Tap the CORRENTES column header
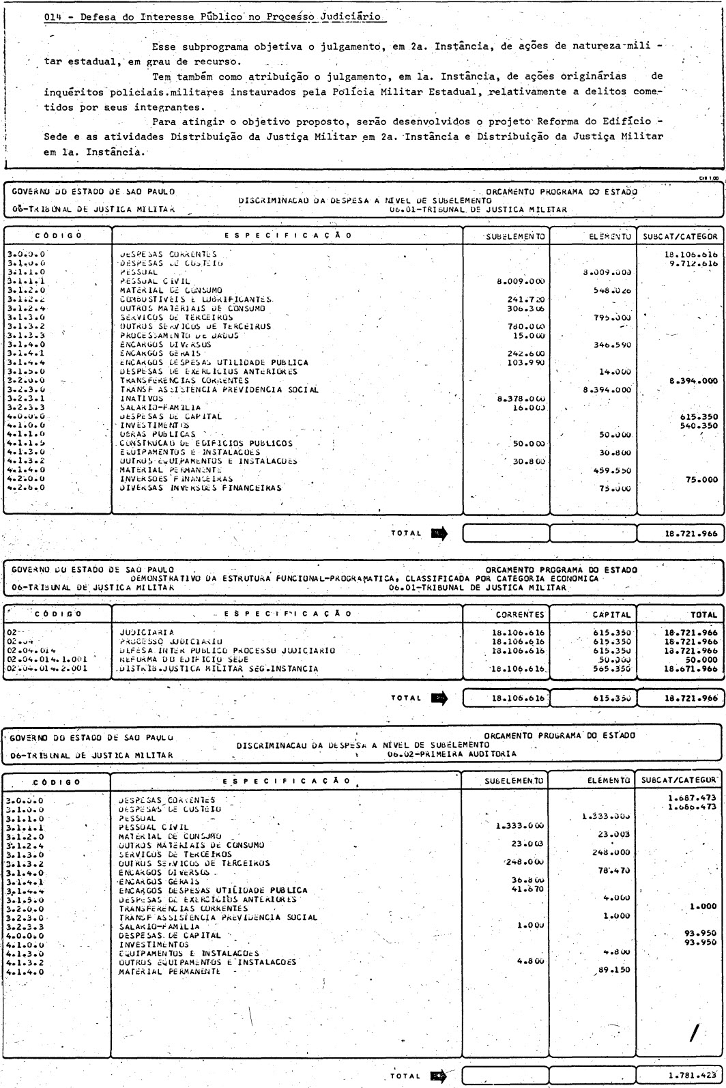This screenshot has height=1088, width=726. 521,614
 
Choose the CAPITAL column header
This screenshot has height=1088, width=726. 609,614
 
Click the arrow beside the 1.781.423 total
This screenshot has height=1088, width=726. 437,1076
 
